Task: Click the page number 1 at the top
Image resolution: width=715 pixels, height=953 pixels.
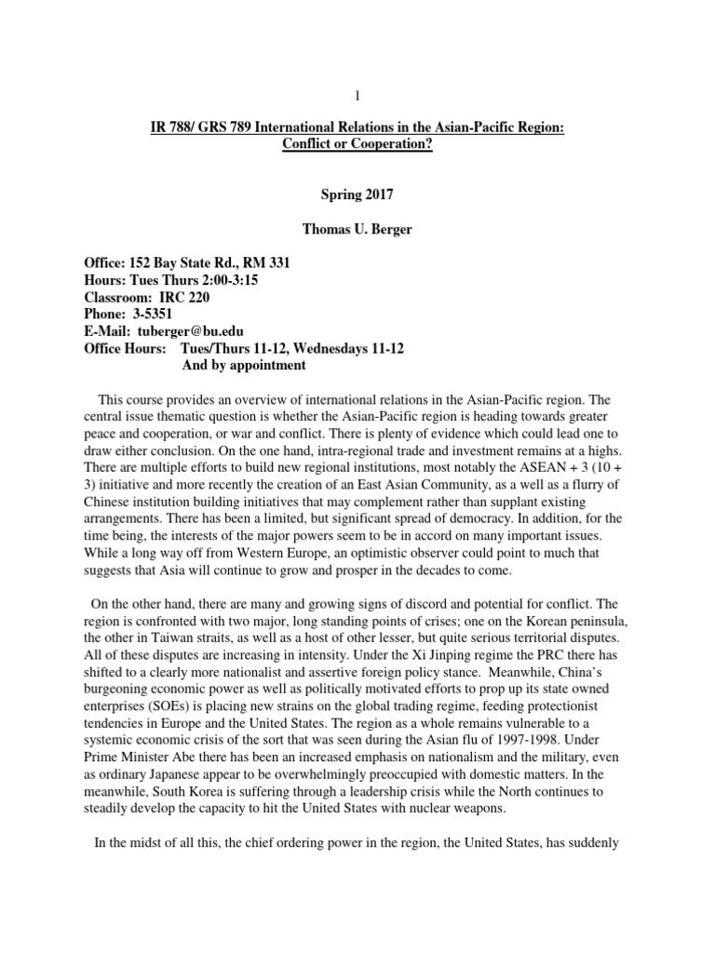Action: coord(357,95)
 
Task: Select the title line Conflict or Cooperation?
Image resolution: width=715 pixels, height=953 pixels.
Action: coord(357,145)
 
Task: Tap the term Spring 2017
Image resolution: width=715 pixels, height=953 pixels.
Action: coord(357,196)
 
